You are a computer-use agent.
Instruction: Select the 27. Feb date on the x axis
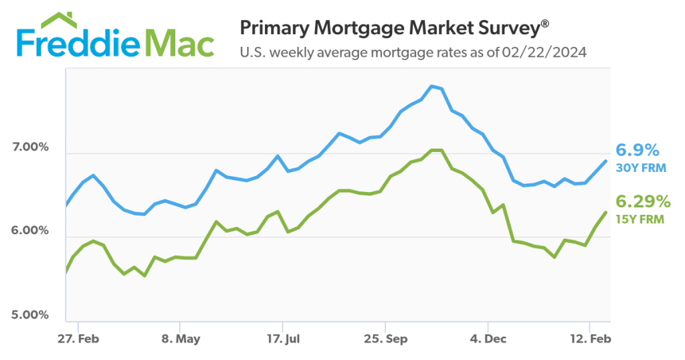pos(78,339)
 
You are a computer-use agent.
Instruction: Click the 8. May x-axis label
pos(181,339)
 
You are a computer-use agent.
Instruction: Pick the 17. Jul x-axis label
pos(282,339)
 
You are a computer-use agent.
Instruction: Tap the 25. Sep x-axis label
pos(385,339)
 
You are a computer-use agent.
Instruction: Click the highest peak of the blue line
pos(433,86)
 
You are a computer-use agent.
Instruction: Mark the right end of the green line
pos(606,212)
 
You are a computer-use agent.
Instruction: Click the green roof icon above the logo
pos(61,19)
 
